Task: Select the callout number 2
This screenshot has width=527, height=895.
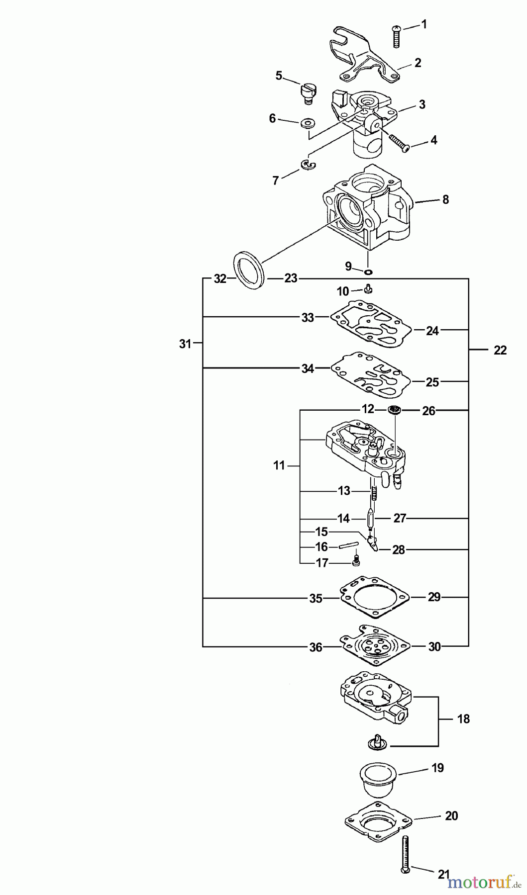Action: click(418, 63)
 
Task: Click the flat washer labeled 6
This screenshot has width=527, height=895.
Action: click(308, 122)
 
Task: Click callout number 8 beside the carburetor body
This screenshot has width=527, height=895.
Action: click(445, 199)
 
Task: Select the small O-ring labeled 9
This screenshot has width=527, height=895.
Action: click(368, 271)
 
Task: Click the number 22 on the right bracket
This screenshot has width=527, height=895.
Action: click(500, 350)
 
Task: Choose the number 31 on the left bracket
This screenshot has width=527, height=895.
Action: click(185, 343)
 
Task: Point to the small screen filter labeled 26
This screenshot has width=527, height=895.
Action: click(395, 410)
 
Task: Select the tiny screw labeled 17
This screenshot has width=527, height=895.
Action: click(356, 561)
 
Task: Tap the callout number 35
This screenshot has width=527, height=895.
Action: click(316, 598)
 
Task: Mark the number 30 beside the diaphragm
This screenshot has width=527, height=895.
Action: click(434, 646)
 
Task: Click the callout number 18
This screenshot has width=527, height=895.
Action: click(463, 719)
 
